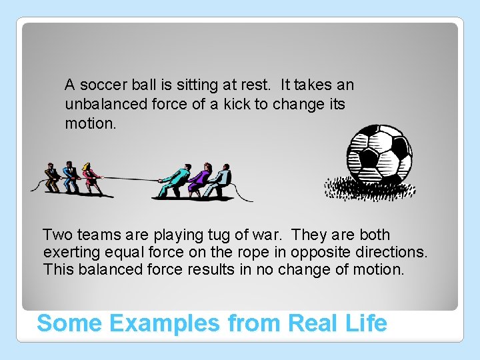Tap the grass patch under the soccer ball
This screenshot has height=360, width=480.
tap(370, 188)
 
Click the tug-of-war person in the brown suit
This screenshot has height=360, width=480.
tap(51, 177)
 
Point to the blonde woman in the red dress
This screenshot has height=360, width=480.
tap(90, 177)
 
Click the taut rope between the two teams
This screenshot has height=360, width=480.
tap(130, 179)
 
